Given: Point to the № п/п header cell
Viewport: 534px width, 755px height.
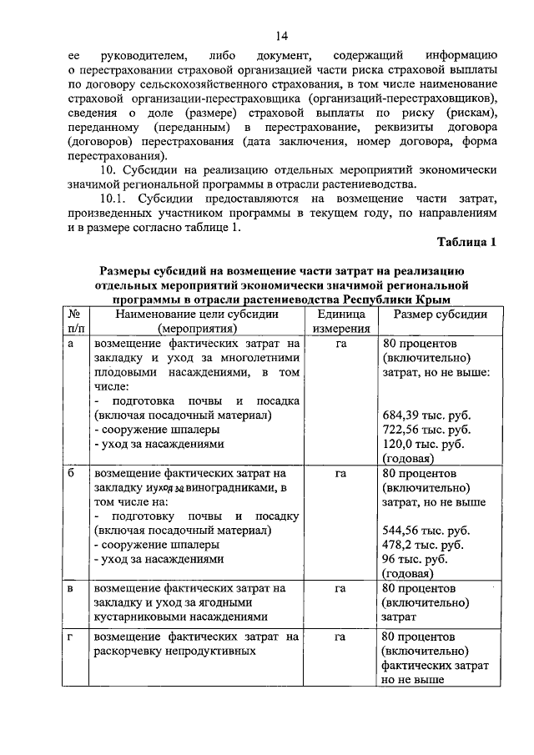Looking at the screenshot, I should (75, 321).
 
